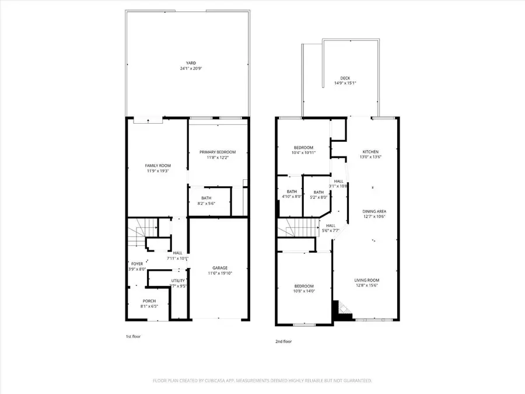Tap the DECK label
tap(345, 78)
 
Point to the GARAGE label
tap(219, 268)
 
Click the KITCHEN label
tap(371, 152)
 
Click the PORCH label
tap(149, 301)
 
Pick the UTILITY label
tap(178, 281)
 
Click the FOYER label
tap(136, 264)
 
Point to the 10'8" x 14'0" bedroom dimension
tap(303, 291)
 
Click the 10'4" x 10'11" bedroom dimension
tap(303, 153)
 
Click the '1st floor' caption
tap(133, 336)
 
